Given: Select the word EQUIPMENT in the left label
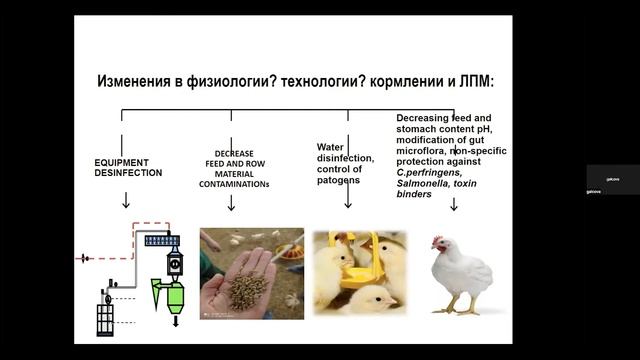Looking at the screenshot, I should click(122, 161).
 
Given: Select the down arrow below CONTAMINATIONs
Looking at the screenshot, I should click(231, 203).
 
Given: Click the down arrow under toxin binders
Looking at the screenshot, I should click(454, 204).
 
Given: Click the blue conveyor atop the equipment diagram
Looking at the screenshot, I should click(161, 239).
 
